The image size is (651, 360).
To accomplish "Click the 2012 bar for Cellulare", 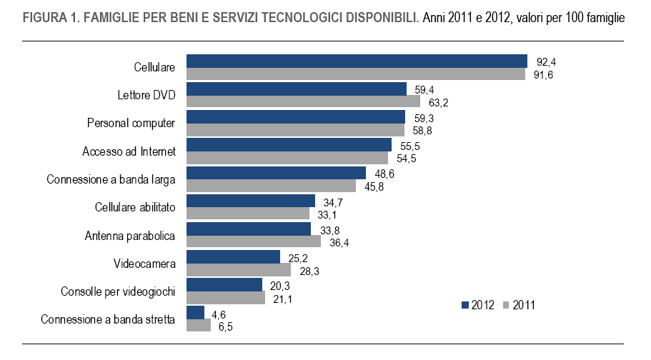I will tap(357, 61).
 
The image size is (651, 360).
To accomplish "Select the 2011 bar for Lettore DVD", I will tap(303, 102).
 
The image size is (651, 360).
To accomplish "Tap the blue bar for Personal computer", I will tap(295, 117).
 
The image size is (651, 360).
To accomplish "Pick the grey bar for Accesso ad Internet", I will tap(287, 158).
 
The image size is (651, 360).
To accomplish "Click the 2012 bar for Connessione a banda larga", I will tap(276, 173).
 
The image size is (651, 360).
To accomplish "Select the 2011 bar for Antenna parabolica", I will tap(253, 241).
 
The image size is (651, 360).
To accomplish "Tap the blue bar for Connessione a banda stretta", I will tap(195, 312).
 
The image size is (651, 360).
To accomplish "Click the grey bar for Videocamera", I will tap(238, 269).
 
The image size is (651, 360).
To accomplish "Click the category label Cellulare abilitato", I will tap(135, 207).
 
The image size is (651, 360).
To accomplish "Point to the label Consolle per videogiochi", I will tap(118, 291).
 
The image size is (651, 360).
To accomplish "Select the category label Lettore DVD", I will tap(146, 95).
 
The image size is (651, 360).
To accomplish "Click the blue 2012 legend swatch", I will tap(466, 305).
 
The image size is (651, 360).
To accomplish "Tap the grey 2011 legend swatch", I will tap(507, 305).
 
